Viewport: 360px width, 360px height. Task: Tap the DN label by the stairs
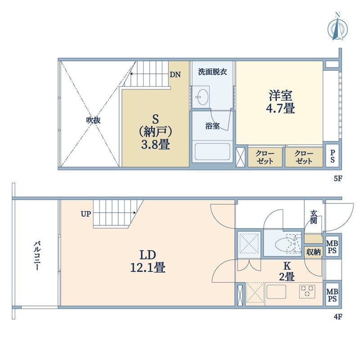[x=175, y=75]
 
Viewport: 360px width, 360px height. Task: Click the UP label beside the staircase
[x=85, y=214]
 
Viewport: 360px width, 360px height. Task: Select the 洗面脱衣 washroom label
[x=212, y=72]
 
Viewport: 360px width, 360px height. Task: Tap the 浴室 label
[x=212, y=126]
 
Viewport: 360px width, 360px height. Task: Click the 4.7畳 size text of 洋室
[x=281, y=108]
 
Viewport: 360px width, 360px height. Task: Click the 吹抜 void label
[x=93, y=120]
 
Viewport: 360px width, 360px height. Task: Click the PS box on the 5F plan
[x=332, y=157]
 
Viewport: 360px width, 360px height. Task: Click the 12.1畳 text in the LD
[x=147, y=268]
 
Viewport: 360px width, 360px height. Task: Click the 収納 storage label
[x=313, y=252]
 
